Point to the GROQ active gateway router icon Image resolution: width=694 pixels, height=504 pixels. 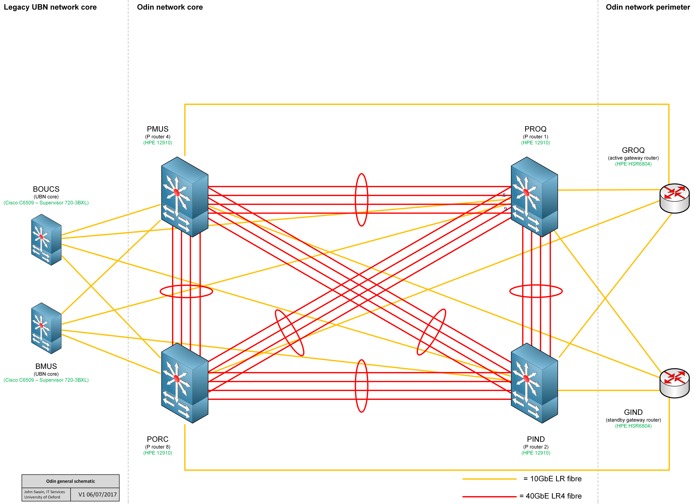click(674, 198)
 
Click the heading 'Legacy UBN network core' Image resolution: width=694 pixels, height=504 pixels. click(50, 7)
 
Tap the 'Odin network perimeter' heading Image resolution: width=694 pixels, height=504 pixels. click(648, 7)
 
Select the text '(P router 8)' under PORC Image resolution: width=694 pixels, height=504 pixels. click(158, 447)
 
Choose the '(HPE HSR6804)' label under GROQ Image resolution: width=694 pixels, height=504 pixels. click(633, 164)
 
